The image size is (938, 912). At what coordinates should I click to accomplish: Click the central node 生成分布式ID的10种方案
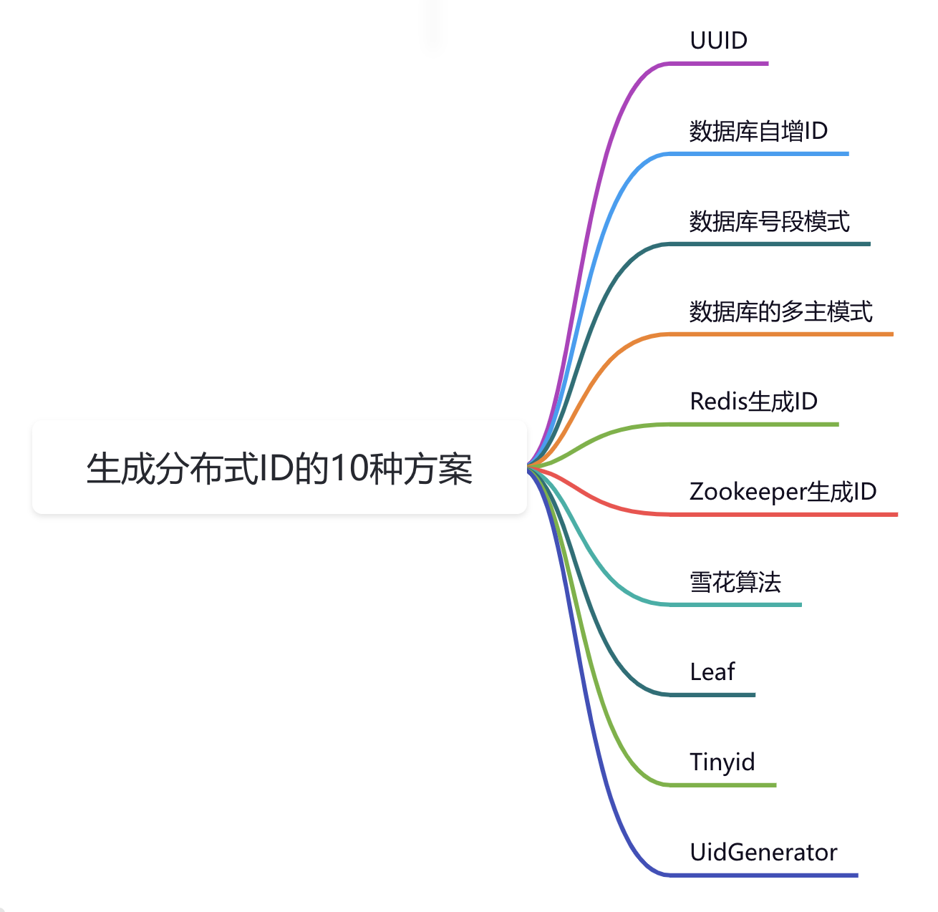pos(279,468)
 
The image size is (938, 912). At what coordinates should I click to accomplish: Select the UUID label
pos(718,41)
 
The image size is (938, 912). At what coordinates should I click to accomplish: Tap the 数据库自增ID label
pos(758,131)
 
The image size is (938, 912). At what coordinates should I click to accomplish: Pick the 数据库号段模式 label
pos(769,221)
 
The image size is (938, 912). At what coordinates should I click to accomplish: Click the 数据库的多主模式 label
pos(780,311)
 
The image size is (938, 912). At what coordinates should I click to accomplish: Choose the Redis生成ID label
pos(753,402)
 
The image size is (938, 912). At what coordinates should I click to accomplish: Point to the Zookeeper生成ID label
pos(783,492)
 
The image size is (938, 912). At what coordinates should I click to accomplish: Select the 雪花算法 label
pos(735,582)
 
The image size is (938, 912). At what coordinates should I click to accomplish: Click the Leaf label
pos(712,672)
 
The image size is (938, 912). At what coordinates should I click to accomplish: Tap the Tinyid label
pos(722,762)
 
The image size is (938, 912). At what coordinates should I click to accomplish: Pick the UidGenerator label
pos(763,853)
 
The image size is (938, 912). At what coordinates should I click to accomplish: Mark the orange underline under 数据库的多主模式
pos(780,334)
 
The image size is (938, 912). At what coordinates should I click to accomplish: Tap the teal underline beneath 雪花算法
pos(735,605)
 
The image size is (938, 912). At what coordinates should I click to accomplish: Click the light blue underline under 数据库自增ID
pos(758,154)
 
